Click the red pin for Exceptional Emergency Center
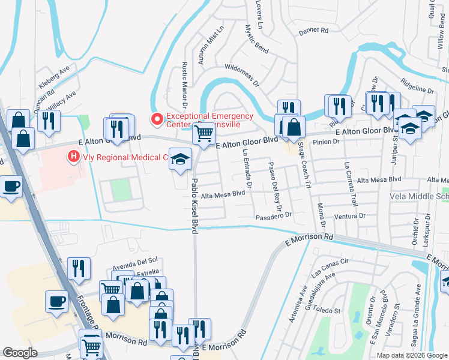coord(157,120)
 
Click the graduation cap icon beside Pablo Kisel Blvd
coord(178,159)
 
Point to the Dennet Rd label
coord(316,29)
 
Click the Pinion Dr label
coord(327,143)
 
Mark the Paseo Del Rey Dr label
coord(274,183)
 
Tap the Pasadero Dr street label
coord(273,215)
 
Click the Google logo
coord(20,353)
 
